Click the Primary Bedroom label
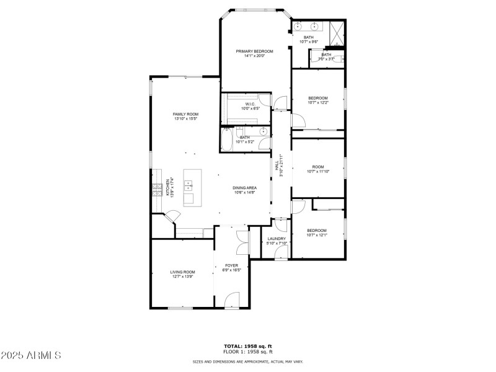click(x=254, y=51)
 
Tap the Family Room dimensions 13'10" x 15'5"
click(x=185, y=119)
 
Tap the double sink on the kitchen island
click(x=188, y=185)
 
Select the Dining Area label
click(x=245, y=188)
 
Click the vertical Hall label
click(x=277, y=166)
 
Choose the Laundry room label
click(x=277, y=239)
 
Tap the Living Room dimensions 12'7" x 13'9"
click(x=183, y=277)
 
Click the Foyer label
click(x=232, y=265)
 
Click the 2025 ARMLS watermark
click(x=31, y=355)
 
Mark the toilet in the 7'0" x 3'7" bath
click(x=342, y=59)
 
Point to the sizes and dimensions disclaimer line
click(x=248, y=361)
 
